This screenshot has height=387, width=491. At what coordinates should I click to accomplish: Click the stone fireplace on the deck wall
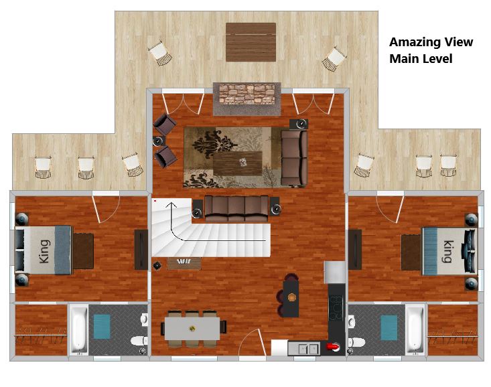pyautogui.click(x=247, y=94)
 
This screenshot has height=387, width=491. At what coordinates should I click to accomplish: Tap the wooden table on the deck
pyautogui.click(x=251, y=42)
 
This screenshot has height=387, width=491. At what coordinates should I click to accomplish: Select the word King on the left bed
pyautogui.click(x=44, y=252)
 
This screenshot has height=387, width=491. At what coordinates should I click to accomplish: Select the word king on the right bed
pyautogui.click(x=447, y=251)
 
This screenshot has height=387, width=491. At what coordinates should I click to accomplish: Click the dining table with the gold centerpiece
pyautogui.click(x=192, y=329)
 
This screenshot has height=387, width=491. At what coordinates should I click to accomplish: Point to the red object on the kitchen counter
pyautogui.click(x=333, y=346)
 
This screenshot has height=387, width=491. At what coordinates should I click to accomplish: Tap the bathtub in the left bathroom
pyautogui.click(x=78, y=330)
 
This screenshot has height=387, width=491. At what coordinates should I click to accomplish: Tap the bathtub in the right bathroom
pyautogui.click(x=415, y=330)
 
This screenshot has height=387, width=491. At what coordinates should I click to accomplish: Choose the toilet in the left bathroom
pyautogui.click(x=139, y=340)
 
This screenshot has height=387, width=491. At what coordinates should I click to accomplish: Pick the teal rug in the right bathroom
pyautogui.click(x=389, y=327)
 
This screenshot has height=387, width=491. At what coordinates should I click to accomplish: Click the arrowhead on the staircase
pyautogui.click(x=171, y=205)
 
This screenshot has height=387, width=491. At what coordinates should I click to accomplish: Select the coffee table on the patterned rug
pyautogui.click(x=238, y=163)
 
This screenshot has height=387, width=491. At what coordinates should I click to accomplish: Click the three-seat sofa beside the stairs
pyautogui.click(x=236, y=208)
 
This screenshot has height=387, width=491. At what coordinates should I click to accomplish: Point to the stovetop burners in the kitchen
pyautogui.click(x=337, y=307)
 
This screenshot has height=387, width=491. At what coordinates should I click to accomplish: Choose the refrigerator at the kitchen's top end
pyautogui.click(x=335, y=273)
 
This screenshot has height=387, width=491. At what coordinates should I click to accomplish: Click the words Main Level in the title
pyautogui.click(x=421, y=59)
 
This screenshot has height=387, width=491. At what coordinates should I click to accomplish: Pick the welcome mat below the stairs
pyautogui.click(x=184, y=263)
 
